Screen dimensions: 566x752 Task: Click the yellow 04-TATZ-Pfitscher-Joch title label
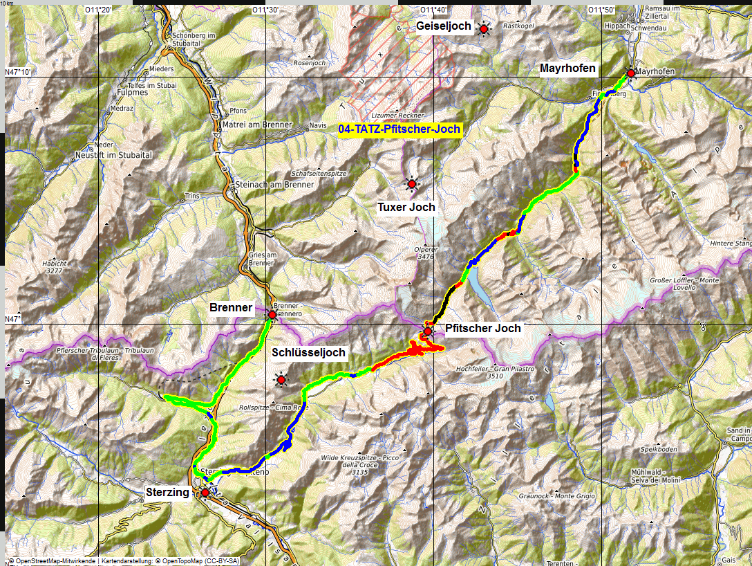[x=399, y=129]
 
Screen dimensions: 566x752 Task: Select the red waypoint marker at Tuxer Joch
[x=412, y=185]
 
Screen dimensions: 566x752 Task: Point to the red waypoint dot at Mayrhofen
[x=630, y=73]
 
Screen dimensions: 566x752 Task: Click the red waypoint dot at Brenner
[x=272, y=315]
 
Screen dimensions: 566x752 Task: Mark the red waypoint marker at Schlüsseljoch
[x=281, y=379]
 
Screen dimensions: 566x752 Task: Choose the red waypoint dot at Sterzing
[x=205, y=493]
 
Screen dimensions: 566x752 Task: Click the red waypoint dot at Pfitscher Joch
[x=428, y=331]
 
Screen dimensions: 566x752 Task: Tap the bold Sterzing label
[x=167, y=493]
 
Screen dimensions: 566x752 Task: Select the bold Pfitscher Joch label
[x=483, y=328]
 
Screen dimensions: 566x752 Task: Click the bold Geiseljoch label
[x=444, y=26]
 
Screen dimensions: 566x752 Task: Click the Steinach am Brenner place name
[x=274, y=185]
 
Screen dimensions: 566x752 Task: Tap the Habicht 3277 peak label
[x=54, y=267]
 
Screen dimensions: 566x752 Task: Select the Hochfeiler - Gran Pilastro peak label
[x=496, y=373]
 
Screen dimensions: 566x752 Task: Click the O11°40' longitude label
[x=434, y=9]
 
